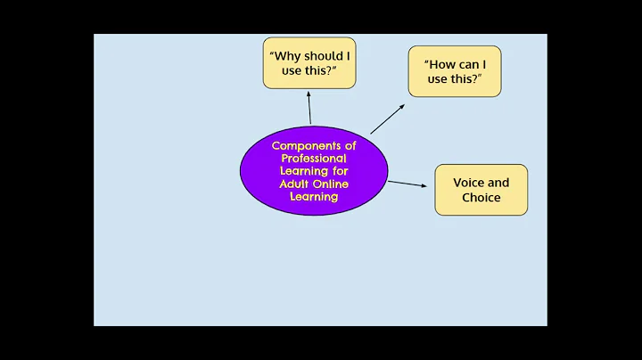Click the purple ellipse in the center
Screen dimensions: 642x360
(313, 170)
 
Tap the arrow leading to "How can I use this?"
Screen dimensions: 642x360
(387, 119)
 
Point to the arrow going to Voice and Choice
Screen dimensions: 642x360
(407, 184)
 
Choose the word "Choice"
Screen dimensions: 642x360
(481, 197)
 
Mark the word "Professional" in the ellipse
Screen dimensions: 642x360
(313, 158)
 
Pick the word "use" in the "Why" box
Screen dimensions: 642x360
(292, 70)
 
